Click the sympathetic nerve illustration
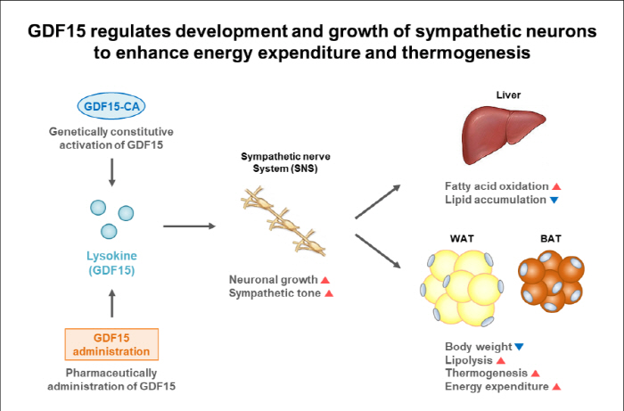[282, 219]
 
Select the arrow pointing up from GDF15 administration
[111, 305]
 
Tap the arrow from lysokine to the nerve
[190, 226]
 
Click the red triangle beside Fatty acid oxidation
[556, 186]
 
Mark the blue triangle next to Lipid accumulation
[554, 200]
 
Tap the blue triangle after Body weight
[519, 346]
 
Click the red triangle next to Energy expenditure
[556, 386]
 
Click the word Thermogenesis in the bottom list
[486, 373]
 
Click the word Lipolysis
[467, 359]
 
